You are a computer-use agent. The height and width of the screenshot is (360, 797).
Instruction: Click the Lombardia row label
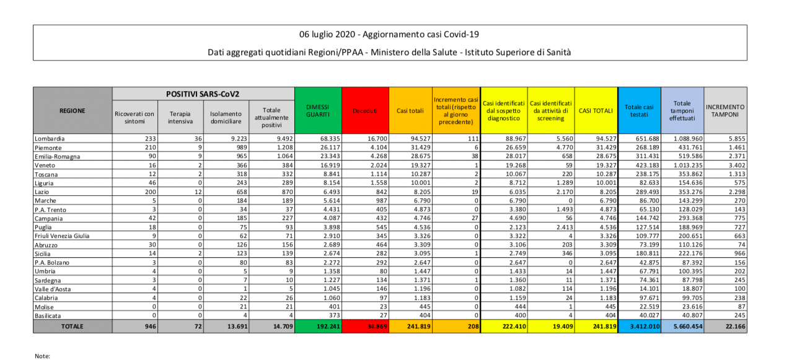(50, 139)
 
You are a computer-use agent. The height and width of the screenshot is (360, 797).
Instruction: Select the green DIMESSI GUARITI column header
(318, 111)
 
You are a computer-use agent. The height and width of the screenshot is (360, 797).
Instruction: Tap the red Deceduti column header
(365, 111)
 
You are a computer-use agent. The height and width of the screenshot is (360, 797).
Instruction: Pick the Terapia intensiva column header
(180, 117)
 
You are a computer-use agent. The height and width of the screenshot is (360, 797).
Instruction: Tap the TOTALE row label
(73, 326)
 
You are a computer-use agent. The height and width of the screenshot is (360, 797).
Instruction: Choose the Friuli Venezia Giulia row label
(62, 235)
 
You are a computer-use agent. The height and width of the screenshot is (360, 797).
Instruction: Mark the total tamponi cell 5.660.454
(684, 326)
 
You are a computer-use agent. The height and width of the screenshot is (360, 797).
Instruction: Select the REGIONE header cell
(73, 111)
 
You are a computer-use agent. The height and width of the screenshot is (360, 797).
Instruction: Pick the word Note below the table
(42, 356)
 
